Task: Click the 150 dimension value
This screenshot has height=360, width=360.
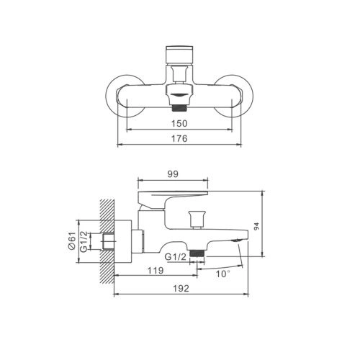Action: pos(179,123)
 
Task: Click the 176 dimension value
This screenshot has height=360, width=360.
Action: pos(179,138)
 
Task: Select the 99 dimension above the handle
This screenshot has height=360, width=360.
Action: pos(173,174)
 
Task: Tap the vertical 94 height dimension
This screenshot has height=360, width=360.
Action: pos(256,226)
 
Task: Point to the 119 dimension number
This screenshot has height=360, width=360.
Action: pos(156,271)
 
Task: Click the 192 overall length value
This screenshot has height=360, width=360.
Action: pos(181,288)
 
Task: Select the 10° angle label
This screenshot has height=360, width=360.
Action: pos(223,274)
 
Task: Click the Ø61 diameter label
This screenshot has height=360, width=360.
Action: pos(72,240)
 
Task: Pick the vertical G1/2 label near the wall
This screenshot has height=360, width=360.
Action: pos(84,242)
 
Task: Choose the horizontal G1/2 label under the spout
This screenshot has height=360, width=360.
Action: pos(176,257)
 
